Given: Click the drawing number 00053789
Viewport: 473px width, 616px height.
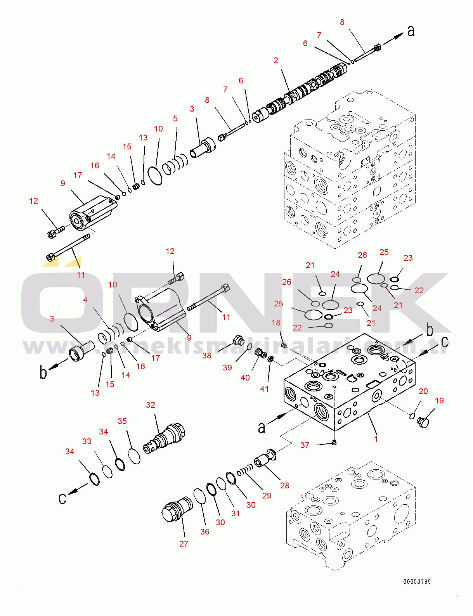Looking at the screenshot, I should coord(417,581).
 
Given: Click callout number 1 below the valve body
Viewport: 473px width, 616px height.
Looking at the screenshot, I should coord(376,439).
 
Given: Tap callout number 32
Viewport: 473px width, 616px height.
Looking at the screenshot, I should coord(151,405).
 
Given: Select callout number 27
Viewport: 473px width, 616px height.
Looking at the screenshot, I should coord(184,543).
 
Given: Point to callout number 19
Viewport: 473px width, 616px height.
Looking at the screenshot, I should coord(439,400).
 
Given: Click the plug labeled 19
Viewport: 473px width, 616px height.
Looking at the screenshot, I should coord(423,422).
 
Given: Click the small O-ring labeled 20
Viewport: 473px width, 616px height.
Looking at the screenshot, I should coord(412,416).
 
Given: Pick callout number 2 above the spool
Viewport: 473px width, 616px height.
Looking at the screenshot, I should coord(276,61).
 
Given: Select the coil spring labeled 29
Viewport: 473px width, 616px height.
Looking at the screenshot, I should coord(245,471).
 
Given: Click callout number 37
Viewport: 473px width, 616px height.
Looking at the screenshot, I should coord(305,445).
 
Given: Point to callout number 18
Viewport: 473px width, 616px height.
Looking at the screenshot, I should coord(276,323).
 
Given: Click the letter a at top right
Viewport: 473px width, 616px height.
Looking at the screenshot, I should coord(411,31).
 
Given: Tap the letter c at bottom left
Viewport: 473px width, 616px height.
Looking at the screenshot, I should coord(62,498).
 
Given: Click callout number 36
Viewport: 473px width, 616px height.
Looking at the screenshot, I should coord(205,531).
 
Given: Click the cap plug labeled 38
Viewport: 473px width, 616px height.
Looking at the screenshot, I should coord(239,341).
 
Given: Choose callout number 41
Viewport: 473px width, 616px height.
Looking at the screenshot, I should coord(264,389).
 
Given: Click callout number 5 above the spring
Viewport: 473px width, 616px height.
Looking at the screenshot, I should coord(175,119).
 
